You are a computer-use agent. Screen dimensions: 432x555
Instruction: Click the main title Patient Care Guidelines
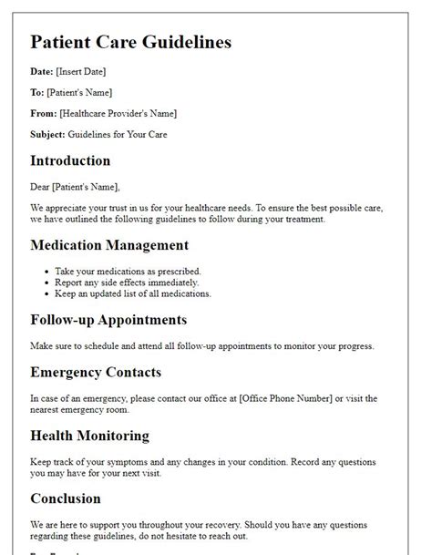pos(130,42)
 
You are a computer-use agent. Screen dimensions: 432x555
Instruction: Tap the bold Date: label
pos(43,71)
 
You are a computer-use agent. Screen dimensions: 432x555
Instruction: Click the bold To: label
pos(38,92)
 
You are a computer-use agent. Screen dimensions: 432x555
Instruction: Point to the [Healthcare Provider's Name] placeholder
pos(118,113)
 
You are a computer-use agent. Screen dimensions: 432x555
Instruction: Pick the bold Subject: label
pos(49,134)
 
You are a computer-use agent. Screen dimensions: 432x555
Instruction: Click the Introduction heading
pos(70,160)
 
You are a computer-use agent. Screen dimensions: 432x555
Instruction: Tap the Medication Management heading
pos(109,244)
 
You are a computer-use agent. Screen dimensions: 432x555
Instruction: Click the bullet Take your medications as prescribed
pos(127,271)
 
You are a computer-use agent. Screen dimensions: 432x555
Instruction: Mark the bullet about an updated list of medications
pos(132,293)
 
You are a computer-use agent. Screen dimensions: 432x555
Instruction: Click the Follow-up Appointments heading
pos(108,320)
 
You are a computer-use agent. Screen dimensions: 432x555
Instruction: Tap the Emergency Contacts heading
pos(96,372)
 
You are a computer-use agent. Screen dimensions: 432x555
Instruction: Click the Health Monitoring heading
pos(89,436)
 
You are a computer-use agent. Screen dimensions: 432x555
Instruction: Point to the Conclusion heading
pos(66,498)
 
